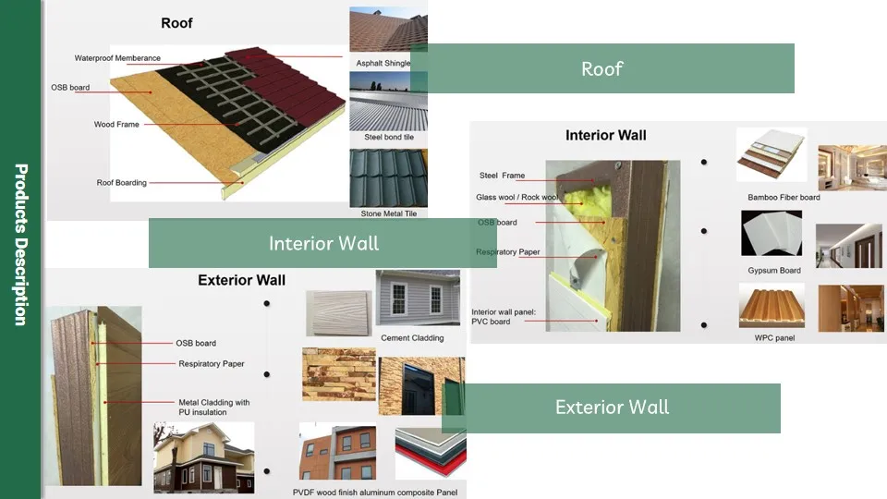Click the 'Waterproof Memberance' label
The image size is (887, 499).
coord(117,58)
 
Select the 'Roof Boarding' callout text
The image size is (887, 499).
coord(121,183)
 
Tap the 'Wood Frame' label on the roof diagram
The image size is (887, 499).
coord(116,124)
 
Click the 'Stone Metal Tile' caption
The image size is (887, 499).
coord(388,213)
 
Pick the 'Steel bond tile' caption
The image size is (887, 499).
coord(388,137)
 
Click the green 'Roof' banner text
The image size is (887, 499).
coord(601,68)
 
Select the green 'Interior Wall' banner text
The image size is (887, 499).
coord(323,243)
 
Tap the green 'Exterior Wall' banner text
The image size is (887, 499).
coord(612,408)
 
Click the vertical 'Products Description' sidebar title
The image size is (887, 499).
coord(20,245)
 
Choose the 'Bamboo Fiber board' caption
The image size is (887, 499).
coord(784,198)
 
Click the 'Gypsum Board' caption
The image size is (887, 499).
coord(774,271)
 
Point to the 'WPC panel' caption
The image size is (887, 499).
coord(774,338)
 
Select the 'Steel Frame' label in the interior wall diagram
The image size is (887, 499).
coord(502,176)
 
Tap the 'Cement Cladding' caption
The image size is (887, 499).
coord(412,338)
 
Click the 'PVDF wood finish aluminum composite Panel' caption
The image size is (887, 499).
coord(376,493)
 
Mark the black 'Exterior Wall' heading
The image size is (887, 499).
coord(241,280)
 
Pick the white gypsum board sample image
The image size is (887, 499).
coord(772,234)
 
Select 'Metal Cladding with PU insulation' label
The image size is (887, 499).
coord(214,407)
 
